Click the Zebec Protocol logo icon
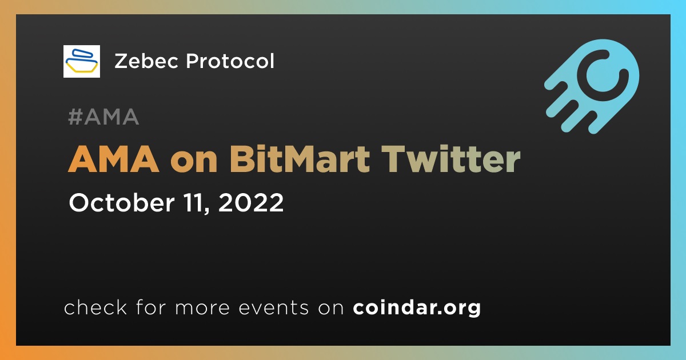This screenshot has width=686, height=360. tap(81, 61)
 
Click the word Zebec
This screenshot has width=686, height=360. tap(146, 61)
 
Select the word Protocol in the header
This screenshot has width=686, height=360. tap(230, 61)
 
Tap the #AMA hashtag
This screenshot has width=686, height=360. tap(103, 117)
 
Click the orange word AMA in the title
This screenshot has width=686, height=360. tap(114, 159)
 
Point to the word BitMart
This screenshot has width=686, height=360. tap(300, 159)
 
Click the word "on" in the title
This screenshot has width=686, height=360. tap(194, 162)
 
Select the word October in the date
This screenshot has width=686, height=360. tap(122, 202)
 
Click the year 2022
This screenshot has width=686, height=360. tap(251, 202)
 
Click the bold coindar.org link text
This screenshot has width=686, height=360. tap(417, 307)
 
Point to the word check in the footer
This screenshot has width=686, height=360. tap(95, 307)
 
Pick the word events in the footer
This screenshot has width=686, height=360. tap(273, 308)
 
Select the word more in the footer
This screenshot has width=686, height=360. tap(202, 308)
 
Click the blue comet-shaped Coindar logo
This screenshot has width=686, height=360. tap(592, 87)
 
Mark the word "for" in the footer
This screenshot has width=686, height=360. tap(151, 307)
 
